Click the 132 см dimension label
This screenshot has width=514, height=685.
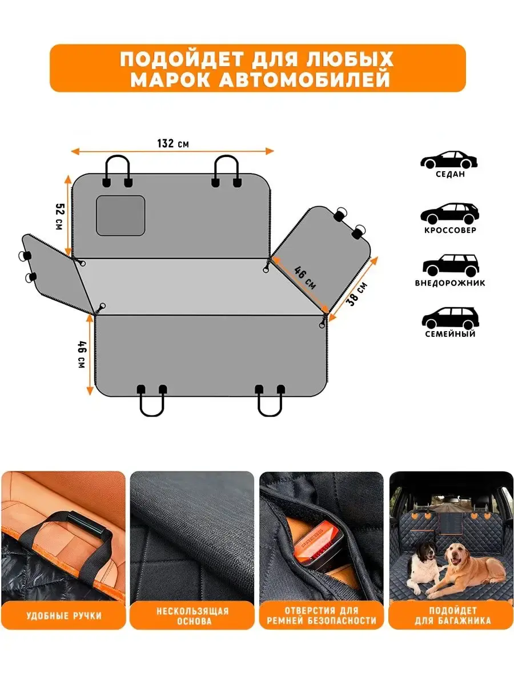(173, 143)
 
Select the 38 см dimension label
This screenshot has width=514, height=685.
(357, 294)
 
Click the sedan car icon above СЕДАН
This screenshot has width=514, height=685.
(449, 160)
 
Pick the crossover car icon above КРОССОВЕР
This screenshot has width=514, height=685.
(449, 213)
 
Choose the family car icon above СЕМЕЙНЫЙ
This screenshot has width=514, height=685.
(451, 318)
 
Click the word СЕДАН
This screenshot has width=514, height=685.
(451, 174)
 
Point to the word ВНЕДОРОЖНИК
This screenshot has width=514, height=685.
(450, 283)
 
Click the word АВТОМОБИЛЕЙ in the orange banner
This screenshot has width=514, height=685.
(304, 79)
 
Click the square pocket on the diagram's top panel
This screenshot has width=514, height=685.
(120, 215)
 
